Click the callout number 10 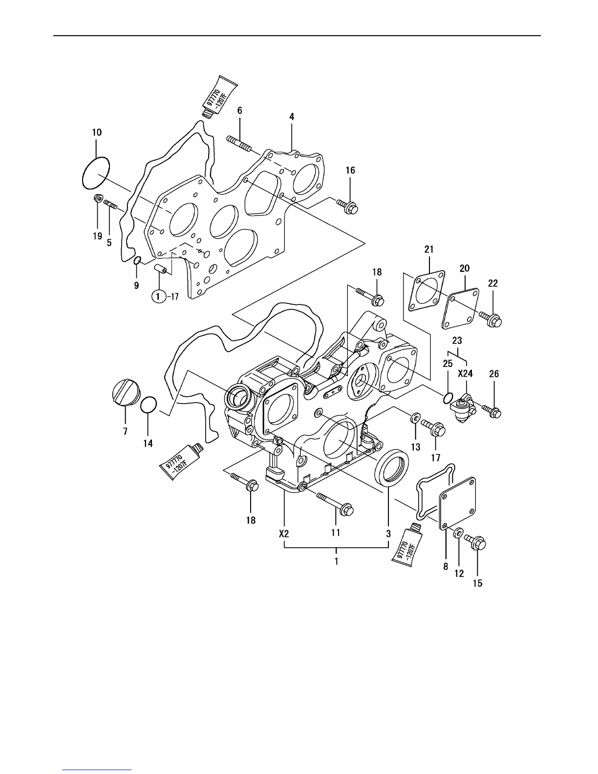point(97,132)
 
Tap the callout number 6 point(240,111)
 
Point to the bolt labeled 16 point(346,207)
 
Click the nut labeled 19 point(98,198)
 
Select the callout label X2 point(284,534)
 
